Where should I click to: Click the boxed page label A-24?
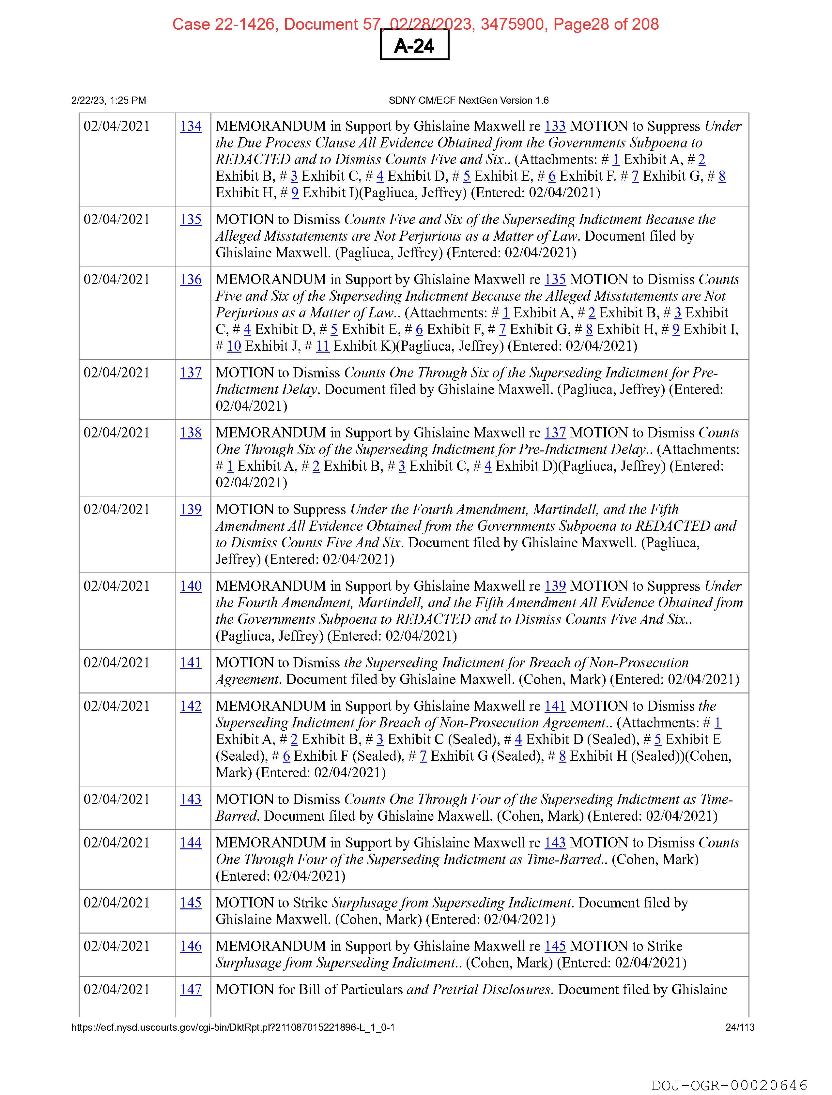click(x=414, y=46)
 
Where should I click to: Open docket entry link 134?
click(x=191, y=126)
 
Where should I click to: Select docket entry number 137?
click(x=191, y=373)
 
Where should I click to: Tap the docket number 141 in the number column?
click(x=191, y=663)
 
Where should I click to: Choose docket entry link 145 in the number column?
click(x=191, y=903)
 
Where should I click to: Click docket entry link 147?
click(x=191, y=990)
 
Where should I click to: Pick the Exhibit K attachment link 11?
click(x=322, y=346)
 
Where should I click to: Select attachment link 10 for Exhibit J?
click(x=234, y=346)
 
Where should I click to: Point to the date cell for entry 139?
click(x=116, y=509)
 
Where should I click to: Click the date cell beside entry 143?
click(x=116, y=799)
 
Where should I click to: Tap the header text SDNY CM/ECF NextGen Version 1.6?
click(x=469, y=100)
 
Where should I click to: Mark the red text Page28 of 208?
click(x=606, y=24)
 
